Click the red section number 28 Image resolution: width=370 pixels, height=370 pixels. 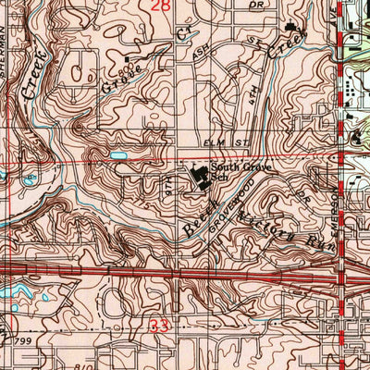click(159, 7)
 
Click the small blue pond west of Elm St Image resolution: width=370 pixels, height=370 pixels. click(118, 155)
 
